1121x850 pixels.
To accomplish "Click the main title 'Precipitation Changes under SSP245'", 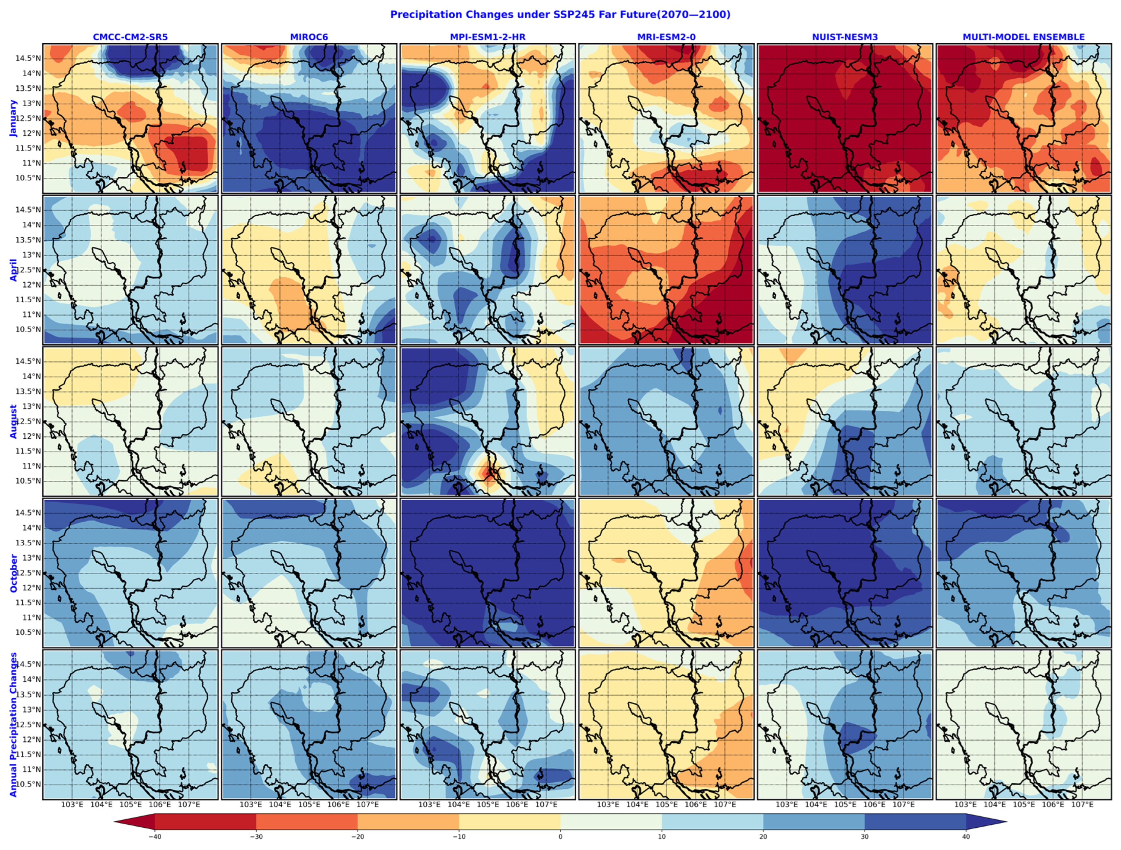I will pos(560,15).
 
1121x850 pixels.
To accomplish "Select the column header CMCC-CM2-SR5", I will pos(130,37).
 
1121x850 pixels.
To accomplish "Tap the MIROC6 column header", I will pos(309,37).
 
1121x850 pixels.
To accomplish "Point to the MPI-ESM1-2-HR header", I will pos(488,37).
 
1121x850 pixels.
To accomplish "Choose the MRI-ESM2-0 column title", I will pos(666,37).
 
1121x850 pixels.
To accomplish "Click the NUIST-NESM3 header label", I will pos(845,37).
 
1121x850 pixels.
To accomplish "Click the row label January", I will pos(13,118).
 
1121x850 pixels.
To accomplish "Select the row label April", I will pos(13,270).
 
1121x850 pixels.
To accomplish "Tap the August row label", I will pos(13,421).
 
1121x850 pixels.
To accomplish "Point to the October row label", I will pos(13,573).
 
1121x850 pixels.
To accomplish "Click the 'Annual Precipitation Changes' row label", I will pos(13,724).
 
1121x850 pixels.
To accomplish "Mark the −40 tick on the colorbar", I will pos(155,836).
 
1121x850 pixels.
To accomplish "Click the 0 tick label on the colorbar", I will pos(560,836).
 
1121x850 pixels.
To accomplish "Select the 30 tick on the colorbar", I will pos(865,836).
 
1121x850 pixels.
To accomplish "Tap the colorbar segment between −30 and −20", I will pos(307,821).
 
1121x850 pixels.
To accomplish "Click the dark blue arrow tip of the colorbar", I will pos(988,821).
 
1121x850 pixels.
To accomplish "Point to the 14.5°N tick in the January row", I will pos(28,58).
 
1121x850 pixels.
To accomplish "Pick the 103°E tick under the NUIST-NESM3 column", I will pos(786,804).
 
